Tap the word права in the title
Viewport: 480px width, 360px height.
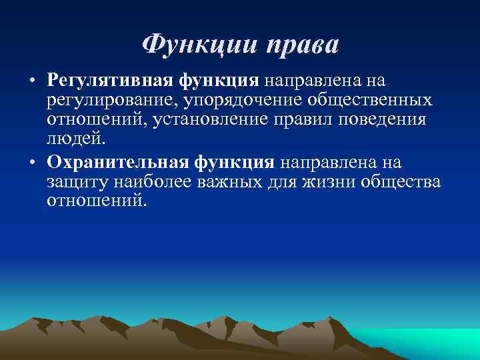[x=303, y=45]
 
